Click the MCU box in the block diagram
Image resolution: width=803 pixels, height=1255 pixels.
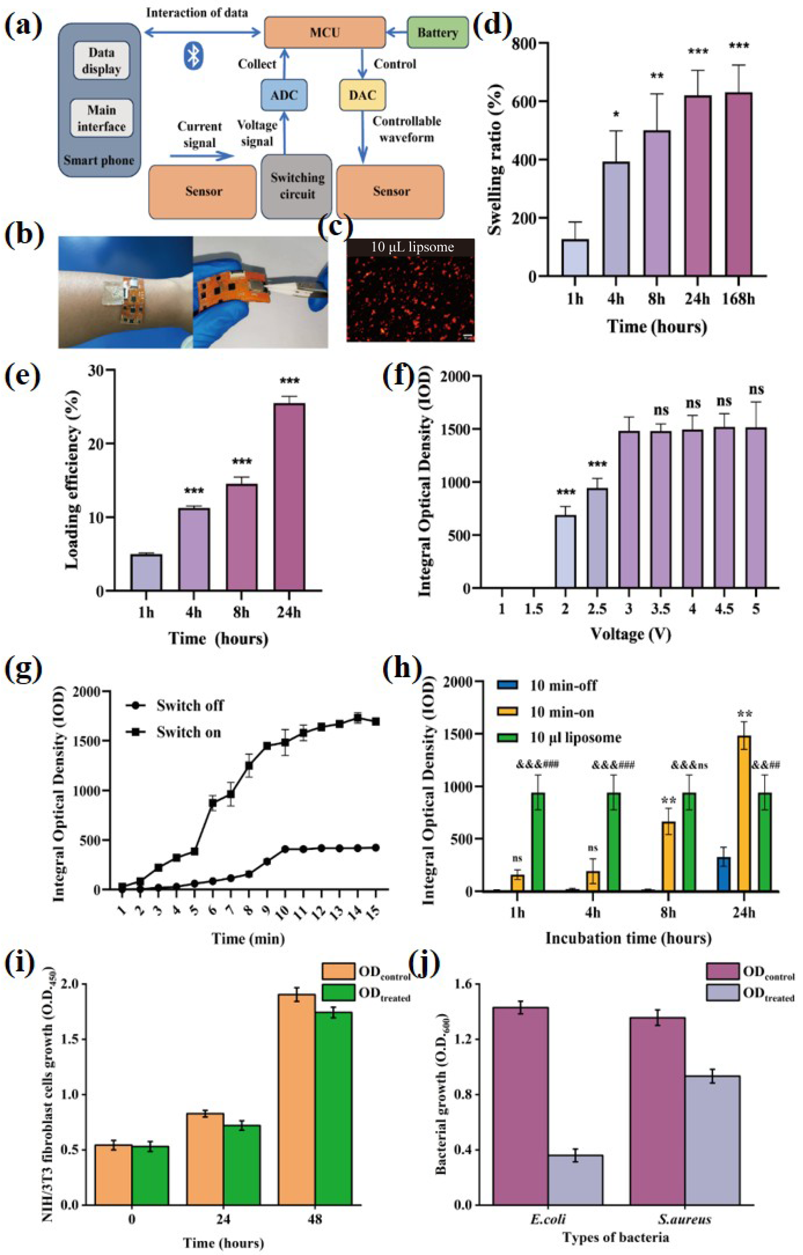324,32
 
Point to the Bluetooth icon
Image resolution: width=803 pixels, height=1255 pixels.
193,56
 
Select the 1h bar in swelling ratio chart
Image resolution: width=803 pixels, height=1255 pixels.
574,258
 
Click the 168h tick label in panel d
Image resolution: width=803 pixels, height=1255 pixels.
738,299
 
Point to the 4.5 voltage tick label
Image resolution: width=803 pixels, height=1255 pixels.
724,608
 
